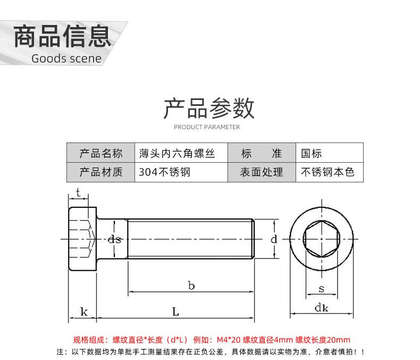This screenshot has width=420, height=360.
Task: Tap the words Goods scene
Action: click(66, 58)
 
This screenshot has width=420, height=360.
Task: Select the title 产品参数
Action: click(209, 108)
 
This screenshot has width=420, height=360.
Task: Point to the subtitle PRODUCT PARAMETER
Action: click(207, 127)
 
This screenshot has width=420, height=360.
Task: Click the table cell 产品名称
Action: click(100, 154)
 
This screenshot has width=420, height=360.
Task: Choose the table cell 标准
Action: click(261, 154)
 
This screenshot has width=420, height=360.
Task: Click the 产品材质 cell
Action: click(100, 172)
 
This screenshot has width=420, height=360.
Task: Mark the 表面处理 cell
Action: click(261, 172)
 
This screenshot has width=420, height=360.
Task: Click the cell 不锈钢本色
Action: click(327, 172)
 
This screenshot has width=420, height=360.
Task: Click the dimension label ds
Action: click(114, 240)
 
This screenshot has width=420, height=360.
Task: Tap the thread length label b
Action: click(191, 286)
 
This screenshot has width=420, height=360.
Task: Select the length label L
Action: click(175, 312)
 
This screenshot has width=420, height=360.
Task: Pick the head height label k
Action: click(83, 312)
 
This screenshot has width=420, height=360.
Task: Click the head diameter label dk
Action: click(322, 308)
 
